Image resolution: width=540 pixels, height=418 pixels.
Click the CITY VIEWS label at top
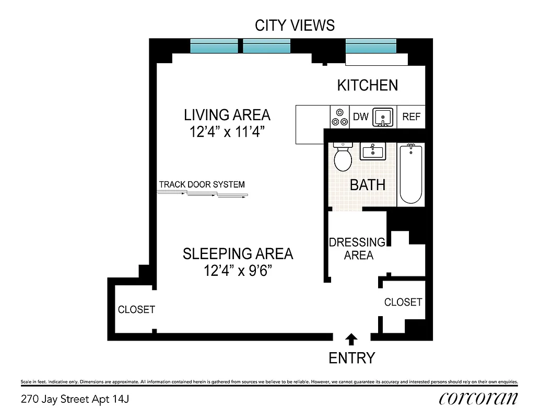(295, 25)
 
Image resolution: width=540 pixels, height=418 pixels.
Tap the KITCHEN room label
(367, 85)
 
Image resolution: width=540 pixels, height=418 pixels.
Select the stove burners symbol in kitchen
(339, 117)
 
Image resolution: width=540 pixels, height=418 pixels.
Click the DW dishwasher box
(360, 117)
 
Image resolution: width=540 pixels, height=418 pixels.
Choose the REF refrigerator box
(411, 117)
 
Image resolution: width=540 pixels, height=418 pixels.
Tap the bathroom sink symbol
(372, 152)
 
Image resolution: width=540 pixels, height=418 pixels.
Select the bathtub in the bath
(410, 173)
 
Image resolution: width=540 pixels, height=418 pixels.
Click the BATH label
(368, 184)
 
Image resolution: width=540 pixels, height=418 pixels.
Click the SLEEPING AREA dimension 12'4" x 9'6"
(238, 271)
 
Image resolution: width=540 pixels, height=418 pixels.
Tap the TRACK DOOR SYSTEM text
(202, 184)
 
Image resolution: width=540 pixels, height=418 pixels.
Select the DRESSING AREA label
(357, 249)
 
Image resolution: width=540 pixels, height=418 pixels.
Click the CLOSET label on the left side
(136, 309)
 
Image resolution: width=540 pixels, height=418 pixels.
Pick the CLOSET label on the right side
(403, 302)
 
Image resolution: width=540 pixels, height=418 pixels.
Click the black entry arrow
(351, 340)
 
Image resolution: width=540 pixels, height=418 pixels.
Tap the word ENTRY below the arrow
(351, 358)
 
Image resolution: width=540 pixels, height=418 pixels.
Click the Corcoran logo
(478, 398)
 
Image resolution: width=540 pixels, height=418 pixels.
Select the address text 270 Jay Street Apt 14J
(75, 400)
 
